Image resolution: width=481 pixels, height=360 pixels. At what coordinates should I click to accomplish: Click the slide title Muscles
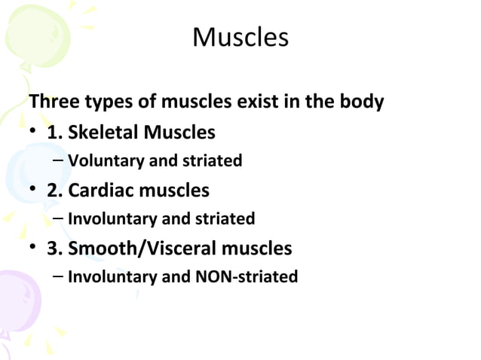(x=240, y=37)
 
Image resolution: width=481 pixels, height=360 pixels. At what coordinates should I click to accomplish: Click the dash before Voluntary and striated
(x=59, y=161)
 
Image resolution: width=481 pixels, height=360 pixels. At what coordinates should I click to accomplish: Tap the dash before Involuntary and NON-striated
(x=59, y=277)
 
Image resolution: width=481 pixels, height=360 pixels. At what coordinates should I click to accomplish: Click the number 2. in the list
(x=54, y=190)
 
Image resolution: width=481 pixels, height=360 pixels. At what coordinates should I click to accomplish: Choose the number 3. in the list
(x=54, y=248)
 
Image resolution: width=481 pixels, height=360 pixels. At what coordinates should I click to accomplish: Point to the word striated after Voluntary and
(x=214, y=161)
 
